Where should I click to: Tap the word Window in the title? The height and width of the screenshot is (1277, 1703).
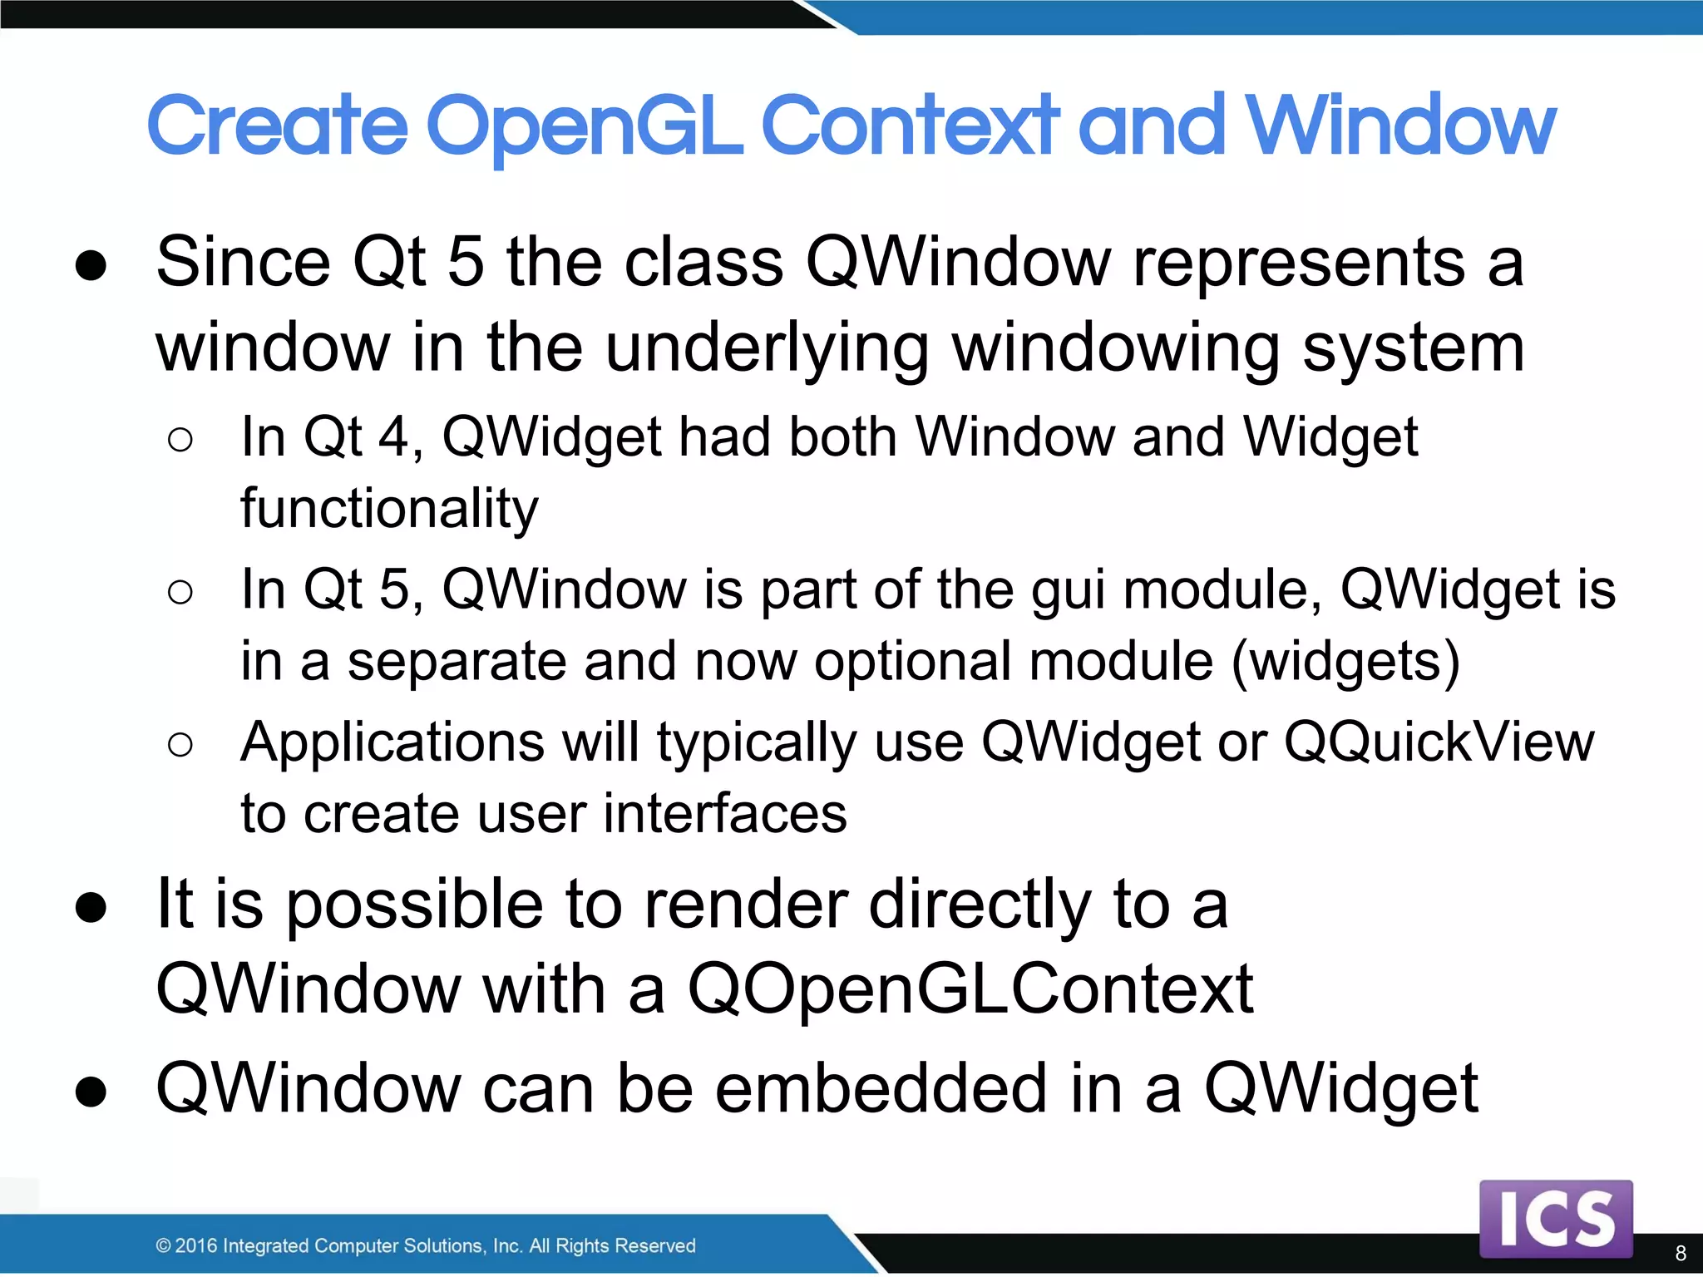pos(1400,126)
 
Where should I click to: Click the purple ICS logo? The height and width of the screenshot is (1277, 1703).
pos(1556,1219)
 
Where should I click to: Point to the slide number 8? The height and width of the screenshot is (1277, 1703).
pos(1680,1253)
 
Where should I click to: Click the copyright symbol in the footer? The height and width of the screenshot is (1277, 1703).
pos(163,1245)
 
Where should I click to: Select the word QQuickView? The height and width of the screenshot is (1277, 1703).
pos(1439,742)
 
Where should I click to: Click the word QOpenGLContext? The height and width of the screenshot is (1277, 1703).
pos(970,989)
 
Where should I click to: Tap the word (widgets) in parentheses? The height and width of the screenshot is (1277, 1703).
pos(1345,663)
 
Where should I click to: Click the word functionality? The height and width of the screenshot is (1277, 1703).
pos(389,509)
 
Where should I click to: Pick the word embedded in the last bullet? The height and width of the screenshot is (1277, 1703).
pos(881,1089)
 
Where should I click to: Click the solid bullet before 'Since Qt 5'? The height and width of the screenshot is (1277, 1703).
pos(91,265)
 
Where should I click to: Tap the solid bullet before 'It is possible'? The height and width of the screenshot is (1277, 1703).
pos(91,907)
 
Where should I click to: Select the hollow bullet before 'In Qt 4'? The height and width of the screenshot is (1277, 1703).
pos(180,439)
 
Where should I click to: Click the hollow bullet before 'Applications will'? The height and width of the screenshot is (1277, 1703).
pos(180,744)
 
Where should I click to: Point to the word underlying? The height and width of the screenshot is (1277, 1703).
pos(767,349)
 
